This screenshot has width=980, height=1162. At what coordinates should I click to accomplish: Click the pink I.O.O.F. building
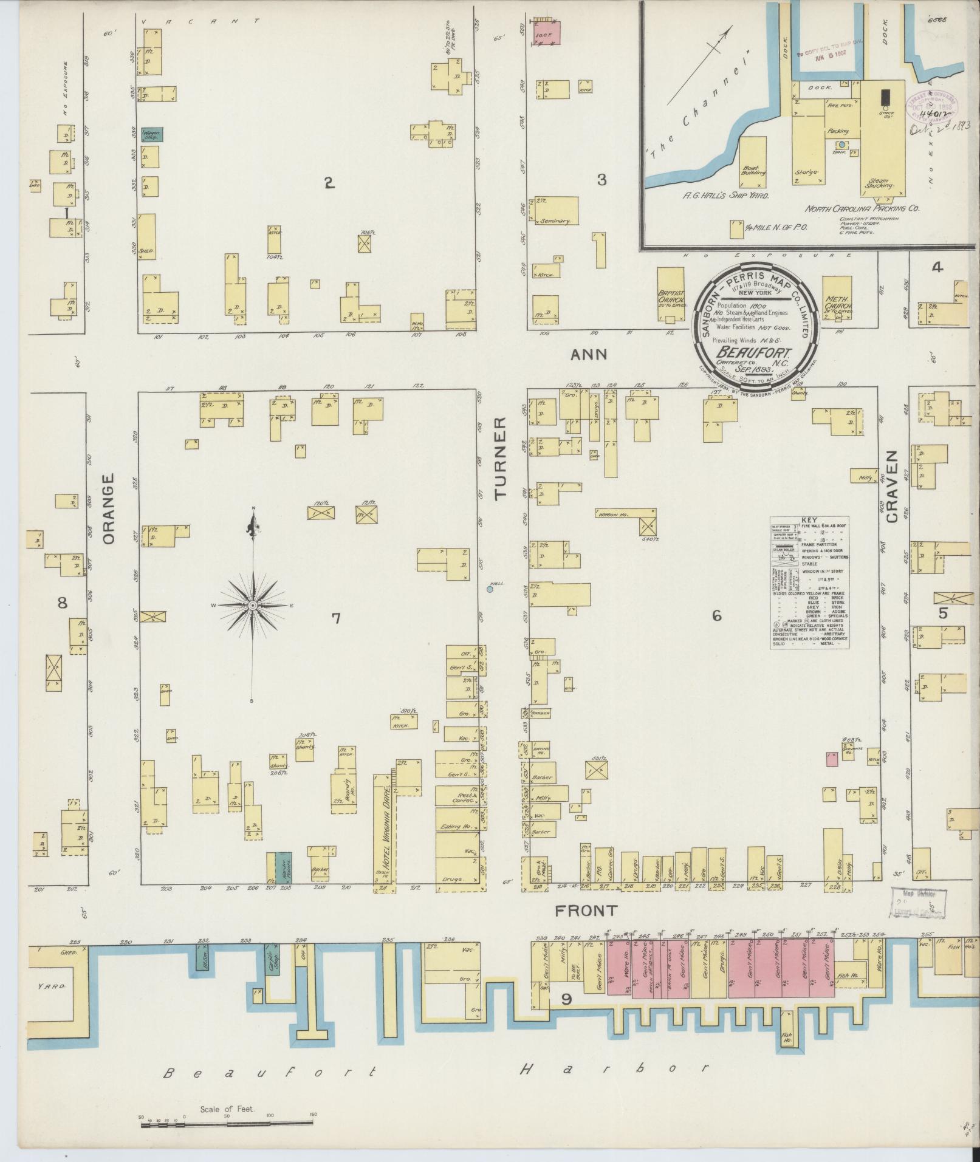coord(546,32)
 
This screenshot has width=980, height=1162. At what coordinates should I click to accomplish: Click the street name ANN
coord(588,354)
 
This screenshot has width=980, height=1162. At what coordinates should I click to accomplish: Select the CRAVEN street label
coord(892,494)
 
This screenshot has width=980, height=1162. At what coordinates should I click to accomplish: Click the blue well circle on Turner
coord(490,589)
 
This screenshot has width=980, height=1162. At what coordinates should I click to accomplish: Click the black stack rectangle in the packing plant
coord(886,97)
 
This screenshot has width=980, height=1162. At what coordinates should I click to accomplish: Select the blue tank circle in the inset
coord(841,145)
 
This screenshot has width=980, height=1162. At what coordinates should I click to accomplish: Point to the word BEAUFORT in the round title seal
coord(744,352)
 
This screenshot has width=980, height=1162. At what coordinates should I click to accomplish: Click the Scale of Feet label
coord(228,1109)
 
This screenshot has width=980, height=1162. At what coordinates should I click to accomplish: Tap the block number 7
coord(335,618)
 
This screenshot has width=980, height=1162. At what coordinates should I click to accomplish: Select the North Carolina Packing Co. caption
coord(862,207)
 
